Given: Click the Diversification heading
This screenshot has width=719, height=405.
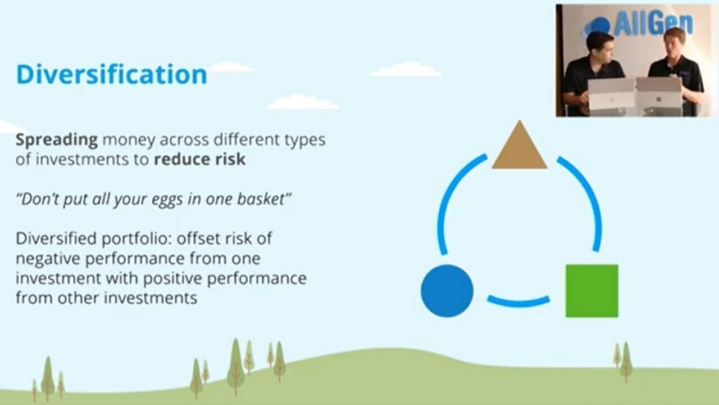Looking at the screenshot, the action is [x=111, y=75].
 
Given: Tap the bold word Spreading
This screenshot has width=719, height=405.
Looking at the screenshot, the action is [x=57, y=141].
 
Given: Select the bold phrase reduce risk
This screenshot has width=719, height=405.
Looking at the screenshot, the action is [x=199, y=159].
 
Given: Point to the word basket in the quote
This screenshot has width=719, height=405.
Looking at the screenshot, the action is [x=261, y=199].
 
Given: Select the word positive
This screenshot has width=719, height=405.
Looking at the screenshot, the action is [x=172, y=278].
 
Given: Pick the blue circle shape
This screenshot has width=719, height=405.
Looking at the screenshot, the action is [x=447, y=291].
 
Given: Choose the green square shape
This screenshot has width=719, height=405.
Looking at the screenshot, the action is [x=592, y=291].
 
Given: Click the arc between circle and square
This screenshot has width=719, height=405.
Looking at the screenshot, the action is [x=518, y=303].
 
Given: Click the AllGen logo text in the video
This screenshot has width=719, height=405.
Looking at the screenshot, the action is [x=653, y=22].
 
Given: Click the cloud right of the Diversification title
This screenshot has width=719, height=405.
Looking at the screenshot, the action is [x=230, y=67].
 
